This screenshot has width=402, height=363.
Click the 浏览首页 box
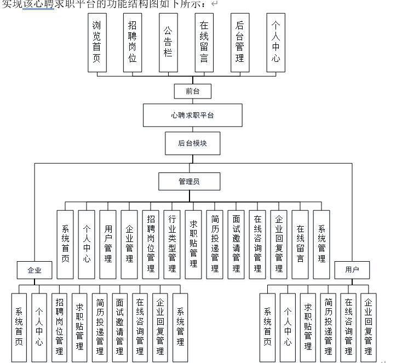click(x=96, y=43)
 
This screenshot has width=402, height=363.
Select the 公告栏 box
click(x=168, y=43)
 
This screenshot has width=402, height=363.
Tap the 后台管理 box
click(x=239, y=43)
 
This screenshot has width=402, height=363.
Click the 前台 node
click(x=192, y=91)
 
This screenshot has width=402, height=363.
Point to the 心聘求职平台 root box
click(x=192, y=116)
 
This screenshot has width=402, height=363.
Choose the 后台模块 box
click(x=192, y=143)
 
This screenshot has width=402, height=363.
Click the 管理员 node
click(x=189, y=181)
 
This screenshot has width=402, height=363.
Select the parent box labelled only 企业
click(x=35, y=270)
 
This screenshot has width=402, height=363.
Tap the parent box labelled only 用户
click(x=352, y=270)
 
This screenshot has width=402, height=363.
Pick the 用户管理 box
click(x=108, y=244)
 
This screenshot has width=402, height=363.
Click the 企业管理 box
click(x=129, y=244)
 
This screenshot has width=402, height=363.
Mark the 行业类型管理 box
click(x=172, y=244)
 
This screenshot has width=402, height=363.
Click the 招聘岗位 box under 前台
click(x=132, y=43)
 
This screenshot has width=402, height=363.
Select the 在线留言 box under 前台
click(x=204, y=43)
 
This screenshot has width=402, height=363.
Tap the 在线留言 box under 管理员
click(x=300, y=244)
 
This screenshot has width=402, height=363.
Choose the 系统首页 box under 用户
click(x=268, y=327)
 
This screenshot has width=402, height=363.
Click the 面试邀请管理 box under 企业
click(x=119, y=327)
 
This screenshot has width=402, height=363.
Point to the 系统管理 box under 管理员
click(x=321, y=244)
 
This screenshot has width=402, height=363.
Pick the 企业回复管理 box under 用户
click(x=368, y=327)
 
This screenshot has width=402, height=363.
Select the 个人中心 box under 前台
click(x=275, y=43)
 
